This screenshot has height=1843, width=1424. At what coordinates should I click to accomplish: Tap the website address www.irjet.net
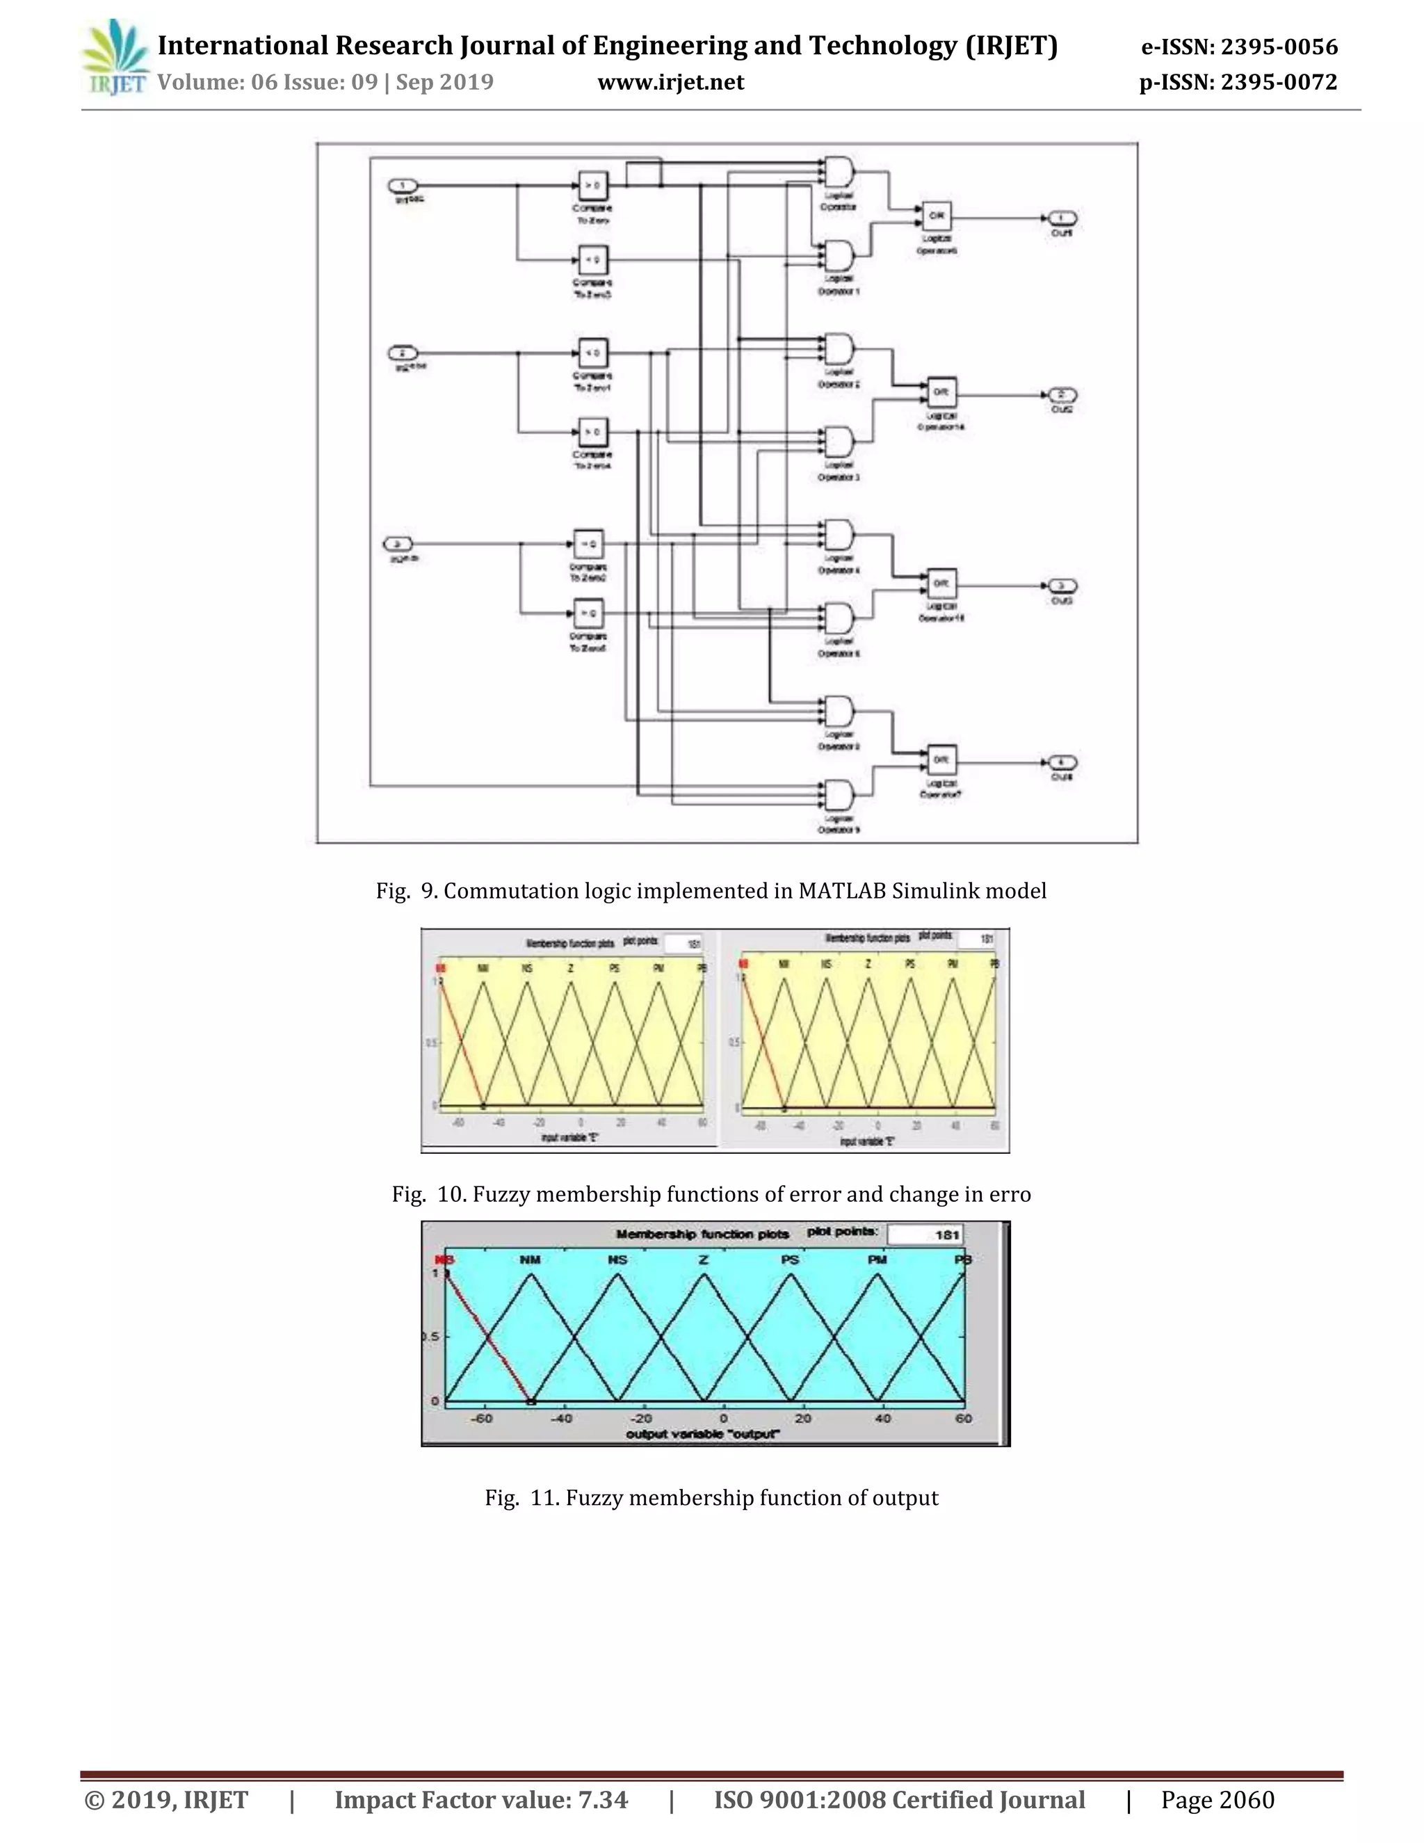pos(671,82)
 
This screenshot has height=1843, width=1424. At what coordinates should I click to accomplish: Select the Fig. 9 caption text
pos(711,890)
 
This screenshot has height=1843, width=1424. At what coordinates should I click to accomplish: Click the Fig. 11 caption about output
pos(711,1498)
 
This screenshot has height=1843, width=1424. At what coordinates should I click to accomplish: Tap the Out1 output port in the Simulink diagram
pos(1061,218)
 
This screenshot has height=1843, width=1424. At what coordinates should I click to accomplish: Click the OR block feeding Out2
pos(941,392)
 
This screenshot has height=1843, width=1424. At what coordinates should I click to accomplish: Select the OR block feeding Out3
pos(941,584)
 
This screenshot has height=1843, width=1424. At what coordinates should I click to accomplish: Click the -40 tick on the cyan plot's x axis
pos(561,1419)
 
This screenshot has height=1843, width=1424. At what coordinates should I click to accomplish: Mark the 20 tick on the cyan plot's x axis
pos(802,1419)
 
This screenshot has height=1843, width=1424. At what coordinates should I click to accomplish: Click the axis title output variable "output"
pos(703,1434)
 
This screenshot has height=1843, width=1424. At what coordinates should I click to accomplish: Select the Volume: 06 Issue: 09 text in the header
pos(268,82)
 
